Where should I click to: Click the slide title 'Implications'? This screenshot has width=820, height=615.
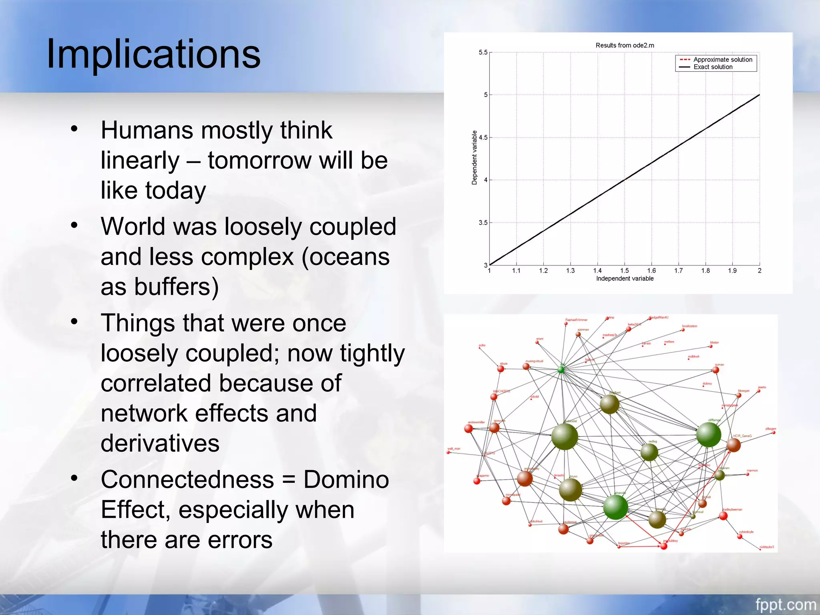click(x=153, y=54)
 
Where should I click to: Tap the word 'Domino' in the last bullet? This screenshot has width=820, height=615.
click(x=346, y=479)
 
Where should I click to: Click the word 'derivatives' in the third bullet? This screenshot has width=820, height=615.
click(x=160, y=443)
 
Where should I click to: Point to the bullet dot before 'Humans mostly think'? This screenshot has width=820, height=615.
click(x=74, y=129)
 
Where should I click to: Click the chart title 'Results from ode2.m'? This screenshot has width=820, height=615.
click(x=625, y=45)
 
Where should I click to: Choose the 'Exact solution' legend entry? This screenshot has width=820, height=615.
click(x=713, y=67)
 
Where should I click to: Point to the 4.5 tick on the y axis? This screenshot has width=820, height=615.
click(x=483, y=137)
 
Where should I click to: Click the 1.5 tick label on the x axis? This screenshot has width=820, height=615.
click(x=624, y=271)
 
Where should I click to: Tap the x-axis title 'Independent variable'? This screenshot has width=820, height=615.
click(x=625, y=279)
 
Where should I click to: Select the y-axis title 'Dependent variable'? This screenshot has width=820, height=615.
click(x=474, y=157)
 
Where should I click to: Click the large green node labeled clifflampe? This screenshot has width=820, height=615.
click(x=708, y=435)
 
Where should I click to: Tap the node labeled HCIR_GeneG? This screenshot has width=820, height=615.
click(x=733, y=445)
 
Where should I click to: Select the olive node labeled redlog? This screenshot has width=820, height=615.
click(x=649, y=452)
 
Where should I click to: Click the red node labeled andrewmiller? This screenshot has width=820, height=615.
click(x=468, y=429)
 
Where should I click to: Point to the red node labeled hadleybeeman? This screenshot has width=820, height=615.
click(x=723, y=516)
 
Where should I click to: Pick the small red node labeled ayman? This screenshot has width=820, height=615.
click(x=715, y=370)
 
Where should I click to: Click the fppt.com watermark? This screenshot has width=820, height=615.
click(x=785, y=604)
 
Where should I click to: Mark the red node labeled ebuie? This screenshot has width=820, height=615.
click(x=500, y=369)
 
